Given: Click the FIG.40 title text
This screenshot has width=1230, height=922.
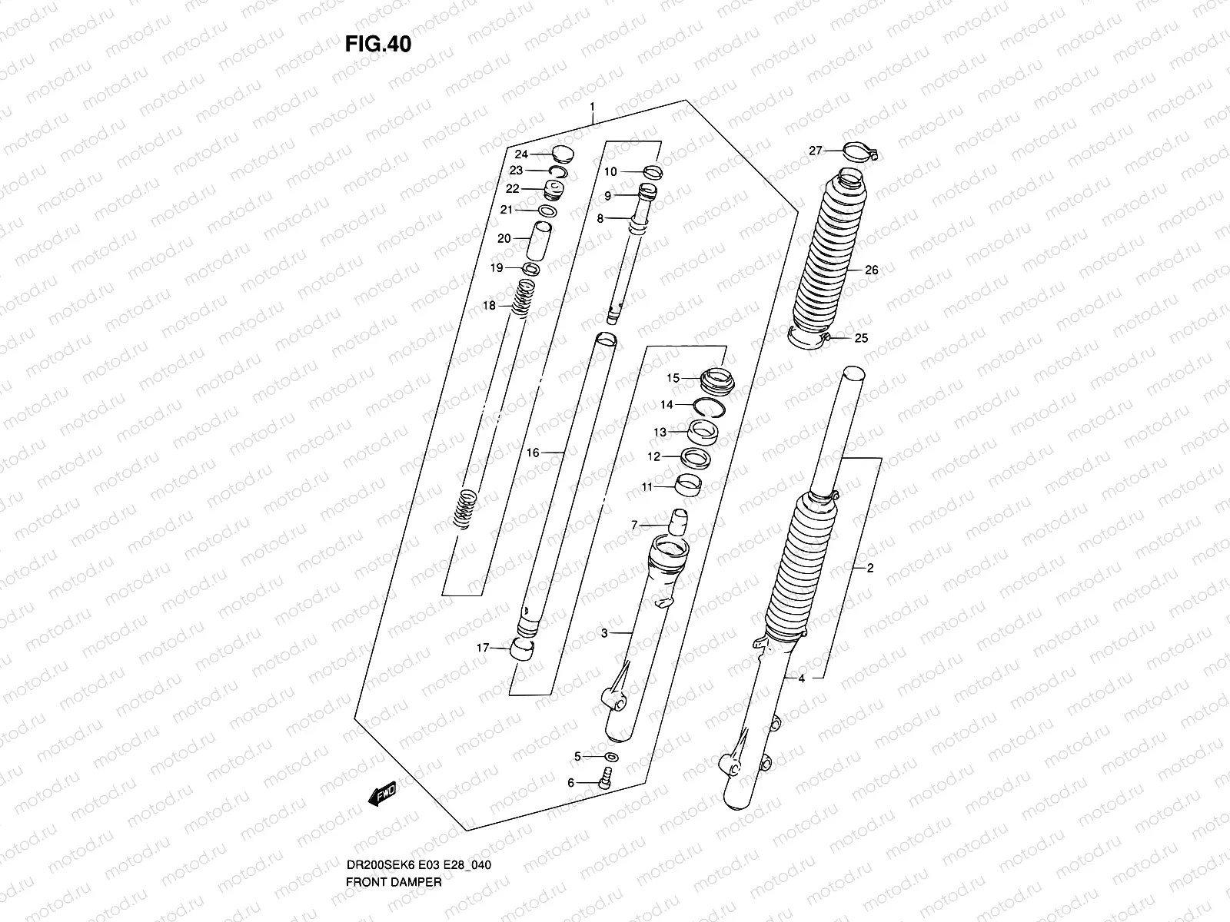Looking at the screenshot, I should click(x=377, y=45).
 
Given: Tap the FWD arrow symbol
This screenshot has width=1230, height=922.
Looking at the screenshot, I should click(x=382, y=794).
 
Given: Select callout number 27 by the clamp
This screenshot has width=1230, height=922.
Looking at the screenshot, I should click(x=816, y=151).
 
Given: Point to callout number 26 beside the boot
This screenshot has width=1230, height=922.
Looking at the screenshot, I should click(x=871, y=270).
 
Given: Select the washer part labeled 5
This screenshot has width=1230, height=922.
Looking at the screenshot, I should click(x=610, y=758).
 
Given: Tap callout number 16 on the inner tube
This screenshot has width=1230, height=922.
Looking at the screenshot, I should click(x=533, y=453).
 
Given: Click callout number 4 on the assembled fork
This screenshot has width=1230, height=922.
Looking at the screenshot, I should click(x=801, y=678).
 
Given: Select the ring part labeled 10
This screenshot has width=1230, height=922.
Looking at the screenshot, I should click(x=651, y=172).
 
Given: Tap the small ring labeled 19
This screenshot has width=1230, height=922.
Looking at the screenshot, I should click(x=531, y=269).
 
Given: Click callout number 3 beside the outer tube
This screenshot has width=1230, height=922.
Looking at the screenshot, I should click(x=604, y=633).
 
